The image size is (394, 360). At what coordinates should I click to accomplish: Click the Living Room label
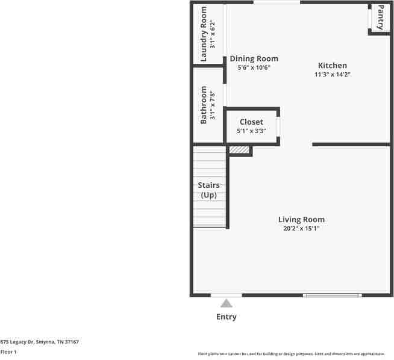[301, 220]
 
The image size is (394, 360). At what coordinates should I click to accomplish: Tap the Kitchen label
[332, 66]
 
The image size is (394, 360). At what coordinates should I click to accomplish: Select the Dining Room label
[254, 58]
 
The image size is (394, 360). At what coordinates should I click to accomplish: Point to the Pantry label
[381, 17]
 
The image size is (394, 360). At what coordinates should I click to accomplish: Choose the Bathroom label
[204, 105]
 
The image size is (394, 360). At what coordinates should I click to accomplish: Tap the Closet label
[251, 122]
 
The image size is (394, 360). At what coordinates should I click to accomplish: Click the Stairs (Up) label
[208, 190]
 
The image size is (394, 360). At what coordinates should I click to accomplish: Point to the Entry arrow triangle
[226, 303]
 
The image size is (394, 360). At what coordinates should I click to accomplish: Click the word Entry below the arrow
[226, 317]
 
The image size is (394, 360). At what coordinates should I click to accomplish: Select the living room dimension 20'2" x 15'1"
[301, 229]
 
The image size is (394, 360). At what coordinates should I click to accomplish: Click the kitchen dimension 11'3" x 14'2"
[332, 75]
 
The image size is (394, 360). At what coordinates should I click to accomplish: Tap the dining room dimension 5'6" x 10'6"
[254, 67]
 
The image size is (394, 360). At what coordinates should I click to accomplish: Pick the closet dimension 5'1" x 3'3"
[251, 131]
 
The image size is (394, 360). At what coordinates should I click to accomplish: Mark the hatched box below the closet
[239, 150]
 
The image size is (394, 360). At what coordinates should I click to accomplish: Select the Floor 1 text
[8, 352]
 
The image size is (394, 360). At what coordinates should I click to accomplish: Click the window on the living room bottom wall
[332, 295]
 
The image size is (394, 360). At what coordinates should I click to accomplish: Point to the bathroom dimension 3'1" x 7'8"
[212, 105]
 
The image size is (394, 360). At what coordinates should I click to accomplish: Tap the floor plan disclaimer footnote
[295, 353]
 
